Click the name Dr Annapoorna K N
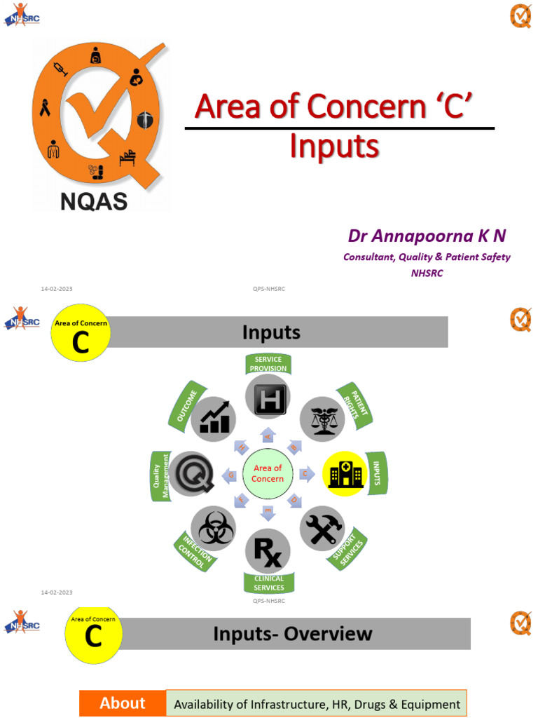click(427, 236)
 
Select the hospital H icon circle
click(268, 398)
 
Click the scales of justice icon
click(323, 419)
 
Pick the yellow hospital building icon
click(345, 473)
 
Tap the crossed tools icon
click(322, 528)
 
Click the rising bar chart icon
click(214, 419)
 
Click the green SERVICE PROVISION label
click(268, 364)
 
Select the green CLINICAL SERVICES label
click(269, 583)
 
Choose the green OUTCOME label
click(186, 405)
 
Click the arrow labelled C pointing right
click(306, 473)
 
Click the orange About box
click(123, 703)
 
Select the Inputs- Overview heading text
click(293, 634)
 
